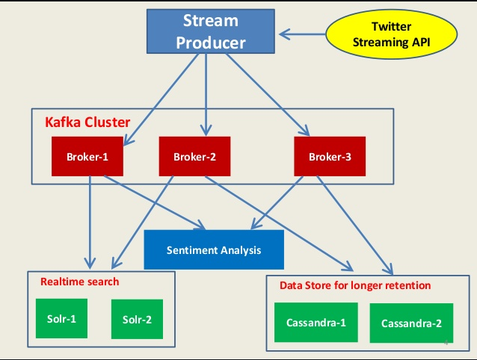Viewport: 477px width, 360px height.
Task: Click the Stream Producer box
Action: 211,31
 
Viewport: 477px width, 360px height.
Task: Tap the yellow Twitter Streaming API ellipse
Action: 392,34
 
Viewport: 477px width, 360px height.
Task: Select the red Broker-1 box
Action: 87,156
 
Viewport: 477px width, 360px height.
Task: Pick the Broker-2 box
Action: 194,156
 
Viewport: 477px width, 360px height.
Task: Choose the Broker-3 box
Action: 330,156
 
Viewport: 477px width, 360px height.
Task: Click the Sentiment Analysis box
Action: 214,249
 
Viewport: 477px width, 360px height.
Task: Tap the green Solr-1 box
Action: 61,318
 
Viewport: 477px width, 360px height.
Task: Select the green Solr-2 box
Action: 137,319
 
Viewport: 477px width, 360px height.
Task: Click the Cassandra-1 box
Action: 316,323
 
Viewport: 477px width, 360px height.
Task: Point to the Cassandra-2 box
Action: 412,323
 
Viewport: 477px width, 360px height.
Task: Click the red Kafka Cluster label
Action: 87,122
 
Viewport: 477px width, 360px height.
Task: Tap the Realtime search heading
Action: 80,282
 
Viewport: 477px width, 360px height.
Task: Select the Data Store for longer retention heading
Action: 355,285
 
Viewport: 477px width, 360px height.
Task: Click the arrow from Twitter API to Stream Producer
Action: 302,34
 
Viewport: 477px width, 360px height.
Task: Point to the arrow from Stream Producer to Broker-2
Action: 206,95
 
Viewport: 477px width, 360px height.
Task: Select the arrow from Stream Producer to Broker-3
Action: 268,94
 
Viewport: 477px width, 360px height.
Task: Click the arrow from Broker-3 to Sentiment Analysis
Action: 277,202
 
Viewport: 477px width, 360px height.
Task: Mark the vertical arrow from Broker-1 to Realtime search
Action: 90,223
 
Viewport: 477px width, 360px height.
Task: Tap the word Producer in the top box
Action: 211,43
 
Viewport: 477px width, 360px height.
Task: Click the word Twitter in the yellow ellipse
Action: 392,27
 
